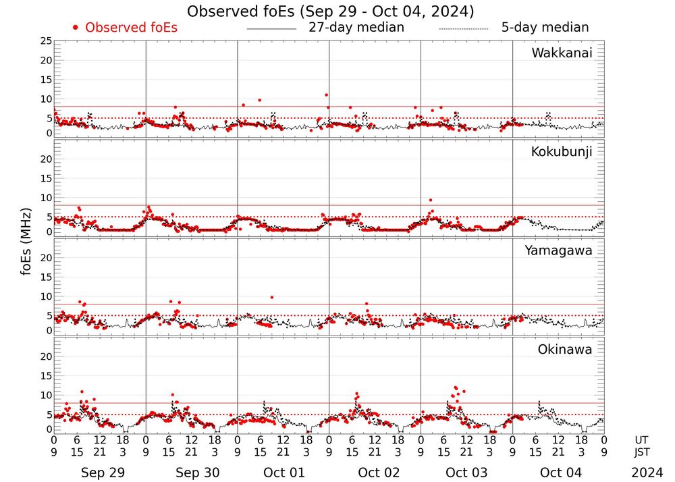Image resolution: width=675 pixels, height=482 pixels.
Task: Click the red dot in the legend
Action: click(76, 28)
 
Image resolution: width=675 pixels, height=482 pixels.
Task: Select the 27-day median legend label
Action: click(356, 28)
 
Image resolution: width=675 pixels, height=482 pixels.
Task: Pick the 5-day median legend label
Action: click(545, 28)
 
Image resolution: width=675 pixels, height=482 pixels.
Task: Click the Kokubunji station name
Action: click(562, 152)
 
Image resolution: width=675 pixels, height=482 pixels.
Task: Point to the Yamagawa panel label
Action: click(559, 250)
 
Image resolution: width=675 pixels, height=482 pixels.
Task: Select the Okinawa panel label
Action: click(565, 350)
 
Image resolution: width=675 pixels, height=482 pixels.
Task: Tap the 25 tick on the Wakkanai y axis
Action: click(45, 41)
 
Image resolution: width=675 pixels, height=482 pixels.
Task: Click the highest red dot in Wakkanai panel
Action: click(327, 95)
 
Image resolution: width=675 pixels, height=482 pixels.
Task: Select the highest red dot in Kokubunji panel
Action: click(431, 200)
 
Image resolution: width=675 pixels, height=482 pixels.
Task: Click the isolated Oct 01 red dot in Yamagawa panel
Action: click(271, 297)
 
